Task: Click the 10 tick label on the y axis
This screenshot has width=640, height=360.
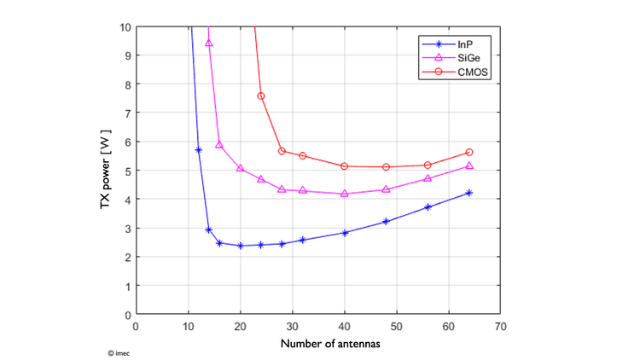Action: [x=125, y=27]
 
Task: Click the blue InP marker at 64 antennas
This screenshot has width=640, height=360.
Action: [x=469, y=193]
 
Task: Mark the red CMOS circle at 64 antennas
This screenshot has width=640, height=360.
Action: [x=469, y=152]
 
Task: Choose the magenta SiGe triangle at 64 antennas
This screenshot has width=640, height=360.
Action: [x=469, y=165]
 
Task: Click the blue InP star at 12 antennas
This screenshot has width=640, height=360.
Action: [x=199, y=149]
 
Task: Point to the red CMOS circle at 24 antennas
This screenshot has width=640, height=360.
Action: [x=261, y=96]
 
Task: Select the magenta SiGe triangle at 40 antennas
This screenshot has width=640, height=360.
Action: [x=345, y=194]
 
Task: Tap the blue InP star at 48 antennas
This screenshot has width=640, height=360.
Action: [x=386, y=221]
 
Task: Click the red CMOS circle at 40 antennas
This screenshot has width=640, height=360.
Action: [x=345, y=165]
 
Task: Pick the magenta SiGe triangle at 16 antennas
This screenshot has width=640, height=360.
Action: [x=219, y=145]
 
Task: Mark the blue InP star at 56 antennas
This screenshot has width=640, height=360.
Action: [x=428, y=207]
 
